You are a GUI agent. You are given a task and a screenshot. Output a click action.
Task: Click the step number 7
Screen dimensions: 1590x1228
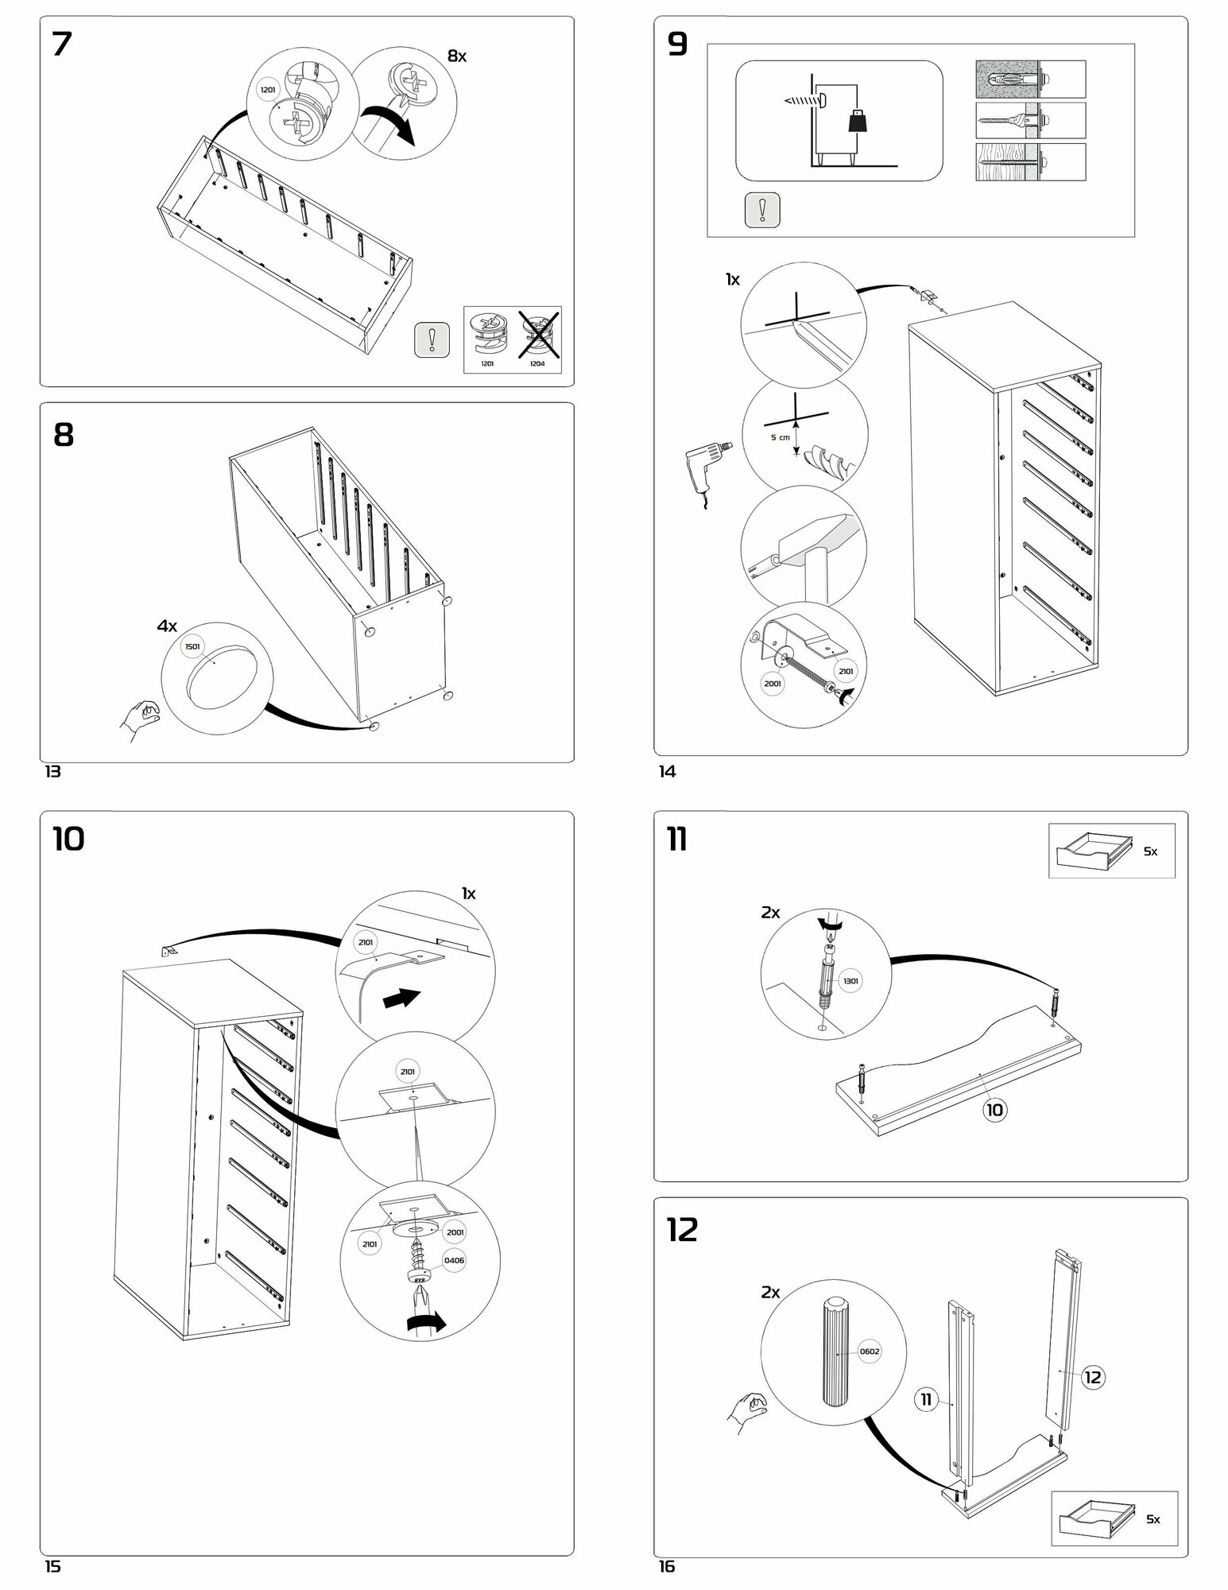click(62, 45)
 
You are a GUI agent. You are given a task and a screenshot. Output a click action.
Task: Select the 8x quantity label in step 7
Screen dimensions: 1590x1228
click(457, 56)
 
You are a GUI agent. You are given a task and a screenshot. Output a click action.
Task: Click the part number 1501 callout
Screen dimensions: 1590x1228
click(193, 646)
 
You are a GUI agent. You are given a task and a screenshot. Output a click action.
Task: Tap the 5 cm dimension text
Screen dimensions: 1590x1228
click(779, 438)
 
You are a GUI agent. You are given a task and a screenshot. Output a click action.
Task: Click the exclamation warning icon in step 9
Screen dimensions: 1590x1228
click(762, 210)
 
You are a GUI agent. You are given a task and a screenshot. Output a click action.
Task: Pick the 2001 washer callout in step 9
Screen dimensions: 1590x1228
click(772, 683)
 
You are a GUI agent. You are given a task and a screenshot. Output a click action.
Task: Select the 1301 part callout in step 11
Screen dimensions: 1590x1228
click(850, 981)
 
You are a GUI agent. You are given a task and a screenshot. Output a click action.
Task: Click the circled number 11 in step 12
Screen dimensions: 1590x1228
click(927, 1398)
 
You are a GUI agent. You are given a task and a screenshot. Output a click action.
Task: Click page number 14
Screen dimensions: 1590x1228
click(667, 771)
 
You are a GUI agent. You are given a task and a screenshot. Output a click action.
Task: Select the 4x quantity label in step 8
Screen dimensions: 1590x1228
click(166, 626)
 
